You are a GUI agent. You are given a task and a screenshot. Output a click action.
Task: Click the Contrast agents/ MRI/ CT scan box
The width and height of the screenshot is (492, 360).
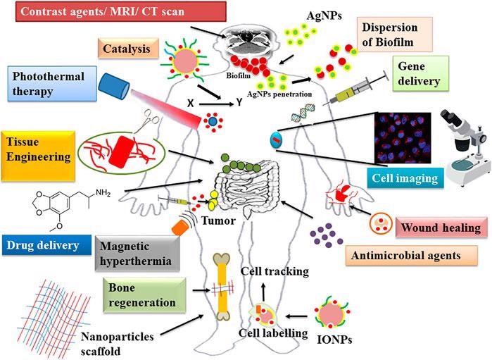tap(121, 11)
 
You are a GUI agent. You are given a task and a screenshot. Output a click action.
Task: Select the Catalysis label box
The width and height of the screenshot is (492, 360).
tap(128, 49)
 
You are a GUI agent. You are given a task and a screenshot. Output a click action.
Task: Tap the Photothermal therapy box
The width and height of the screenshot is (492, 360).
tap(52, 84)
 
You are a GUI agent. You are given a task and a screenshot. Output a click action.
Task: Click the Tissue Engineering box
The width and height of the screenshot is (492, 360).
tap(38, 156)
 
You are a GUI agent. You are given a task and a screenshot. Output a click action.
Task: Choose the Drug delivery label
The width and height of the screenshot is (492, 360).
tap(46, 245)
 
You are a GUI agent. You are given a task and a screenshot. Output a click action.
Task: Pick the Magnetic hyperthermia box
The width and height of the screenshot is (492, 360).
tap(137, 253)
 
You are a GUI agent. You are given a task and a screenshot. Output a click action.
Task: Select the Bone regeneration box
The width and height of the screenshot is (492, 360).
tap(144, 295)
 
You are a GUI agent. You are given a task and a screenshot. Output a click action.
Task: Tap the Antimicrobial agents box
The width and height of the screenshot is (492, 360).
tap(411, 256)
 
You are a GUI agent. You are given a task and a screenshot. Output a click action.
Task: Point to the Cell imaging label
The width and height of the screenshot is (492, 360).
tap(405, 178)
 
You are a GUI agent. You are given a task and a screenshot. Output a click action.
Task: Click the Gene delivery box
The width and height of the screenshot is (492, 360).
tap(421, 74)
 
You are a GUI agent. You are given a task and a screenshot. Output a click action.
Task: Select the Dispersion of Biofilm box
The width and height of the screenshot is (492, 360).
tap(395, 35)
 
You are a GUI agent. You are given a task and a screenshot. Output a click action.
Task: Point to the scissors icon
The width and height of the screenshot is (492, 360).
tap(148, 120)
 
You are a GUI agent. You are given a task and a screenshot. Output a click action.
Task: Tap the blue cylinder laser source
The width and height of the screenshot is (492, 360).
tap(113, 86)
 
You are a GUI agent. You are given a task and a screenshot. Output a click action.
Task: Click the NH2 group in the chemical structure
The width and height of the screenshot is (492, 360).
tap(103, 192)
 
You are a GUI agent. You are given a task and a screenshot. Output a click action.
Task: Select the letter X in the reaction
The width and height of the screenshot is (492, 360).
tap(190, 103)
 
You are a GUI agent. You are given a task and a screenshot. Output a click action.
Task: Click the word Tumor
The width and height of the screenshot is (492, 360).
tap(218, 221)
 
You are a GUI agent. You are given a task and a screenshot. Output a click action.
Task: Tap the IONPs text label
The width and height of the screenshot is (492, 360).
tap(334, 340)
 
